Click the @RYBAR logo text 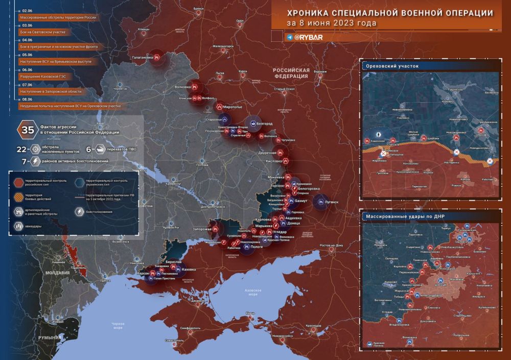coord(308,37)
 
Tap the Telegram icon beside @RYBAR coord(290,37)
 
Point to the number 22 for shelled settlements coord(22,149)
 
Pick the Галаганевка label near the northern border coord(143,57)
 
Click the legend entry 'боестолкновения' coord(102,210)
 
